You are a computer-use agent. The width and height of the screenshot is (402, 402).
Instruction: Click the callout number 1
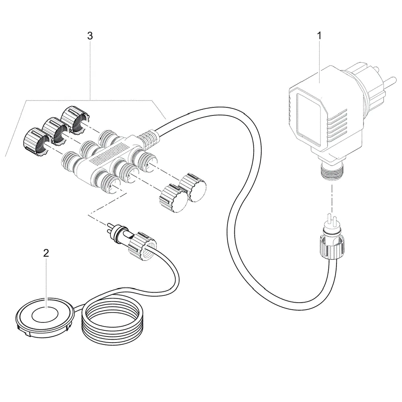pos(320,36)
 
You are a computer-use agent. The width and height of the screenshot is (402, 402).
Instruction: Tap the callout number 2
pos(46,253)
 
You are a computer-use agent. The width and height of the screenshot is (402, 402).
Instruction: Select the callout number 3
pos(90,36)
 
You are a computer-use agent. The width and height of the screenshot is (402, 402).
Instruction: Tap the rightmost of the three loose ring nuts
pos(74,119)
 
